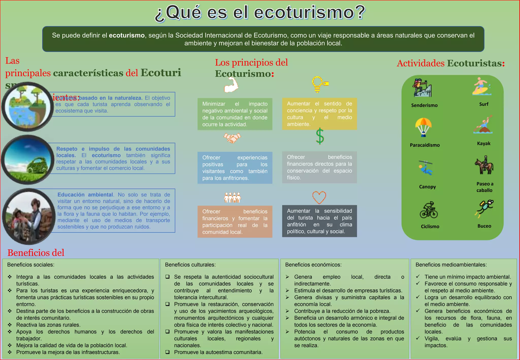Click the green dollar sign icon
320,136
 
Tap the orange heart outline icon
319,197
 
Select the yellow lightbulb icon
320,85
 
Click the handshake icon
232,138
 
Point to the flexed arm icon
231,85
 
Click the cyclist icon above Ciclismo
429,210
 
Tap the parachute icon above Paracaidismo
423,127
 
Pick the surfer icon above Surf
481,87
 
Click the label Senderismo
424,105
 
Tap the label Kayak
484,143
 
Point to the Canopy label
427,187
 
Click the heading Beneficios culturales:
190,265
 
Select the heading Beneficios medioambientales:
451,265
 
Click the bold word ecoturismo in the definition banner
127,35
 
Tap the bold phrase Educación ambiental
85,195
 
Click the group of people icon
232,198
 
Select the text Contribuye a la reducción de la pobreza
342,311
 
